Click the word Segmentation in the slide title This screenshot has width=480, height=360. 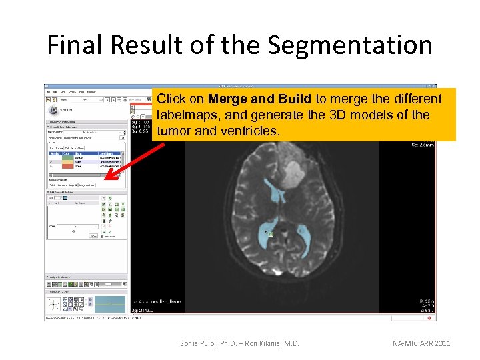(349, 45)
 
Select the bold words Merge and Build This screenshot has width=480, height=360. (259, 99)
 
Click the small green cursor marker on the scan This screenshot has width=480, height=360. (271, 234)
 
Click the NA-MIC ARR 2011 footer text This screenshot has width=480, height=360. (422, 343)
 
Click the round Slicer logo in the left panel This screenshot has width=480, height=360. (53, 110)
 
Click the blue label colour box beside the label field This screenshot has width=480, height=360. (63, 197)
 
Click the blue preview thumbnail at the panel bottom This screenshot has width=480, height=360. (109, 304)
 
